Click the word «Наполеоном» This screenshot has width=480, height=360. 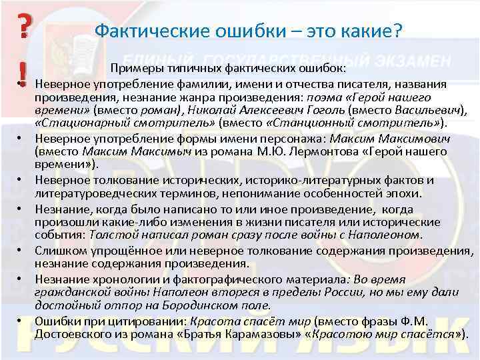(x=385, y=235)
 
